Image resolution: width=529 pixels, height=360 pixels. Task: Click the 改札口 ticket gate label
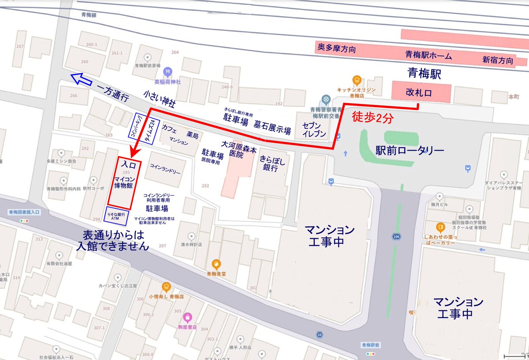(421, 93)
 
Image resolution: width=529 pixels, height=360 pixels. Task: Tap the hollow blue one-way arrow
(80, 79)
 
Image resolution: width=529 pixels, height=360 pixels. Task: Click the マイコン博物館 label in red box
(124, 182)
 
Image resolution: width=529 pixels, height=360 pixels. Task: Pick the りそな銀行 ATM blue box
(117, 215)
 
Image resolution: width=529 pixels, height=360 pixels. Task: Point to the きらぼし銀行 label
(272, 163)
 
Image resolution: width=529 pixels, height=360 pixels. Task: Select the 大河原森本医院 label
(238, 149)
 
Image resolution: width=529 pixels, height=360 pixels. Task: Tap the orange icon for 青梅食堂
(216, 264)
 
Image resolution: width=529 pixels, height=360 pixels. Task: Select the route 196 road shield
(395, 237)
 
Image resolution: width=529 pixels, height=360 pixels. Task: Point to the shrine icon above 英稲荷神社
(167, 72)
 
